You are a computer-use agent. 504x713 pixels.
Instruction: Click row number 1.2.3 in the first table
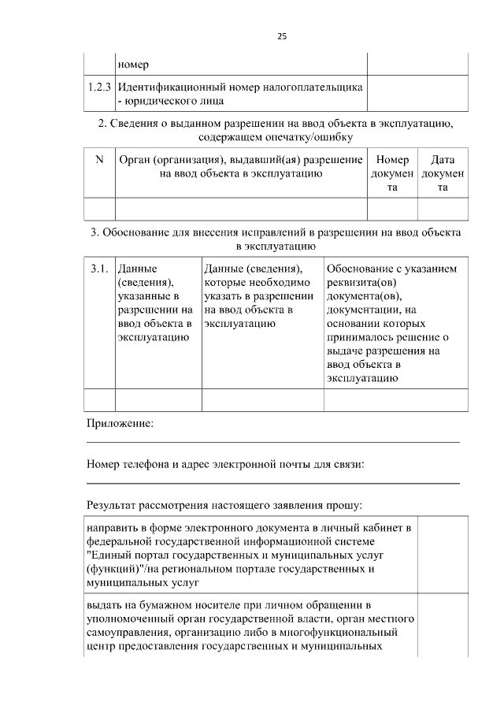(x=99, y=87)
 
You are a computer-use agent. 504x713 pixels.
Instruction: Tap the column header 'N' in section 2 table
(x=99, y=160)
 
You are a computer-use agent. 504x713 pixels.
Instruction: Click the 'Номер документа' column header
(x=392, y=173)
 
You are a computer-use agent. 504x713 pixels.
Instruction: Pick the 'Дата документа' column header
(x=443, y=173)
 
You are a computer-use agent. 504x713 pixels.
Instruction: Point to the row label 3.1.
(x=99, y=269)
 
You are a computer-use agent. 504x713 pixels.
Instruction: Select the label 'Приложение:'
(x=120, y=424)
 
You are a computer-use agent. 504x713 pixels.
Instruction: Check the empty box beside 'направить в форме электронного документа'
(x=442, y=555)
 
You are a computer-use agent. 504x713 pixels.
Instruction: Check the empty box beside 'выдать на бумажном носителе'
(x=442, y=626)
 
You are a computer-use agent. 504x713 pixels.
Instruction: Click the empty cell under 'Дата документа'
(x=443, y=208)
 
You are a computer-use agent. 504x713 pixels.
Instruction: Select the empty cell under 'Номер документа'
(x=392, y=208)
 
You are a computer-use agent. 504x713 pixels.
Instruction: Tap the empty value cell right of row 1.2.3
(x=417, y=94)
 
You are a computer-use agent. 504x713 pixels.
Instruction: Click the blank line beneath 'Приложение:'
(x=272, y=441)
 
